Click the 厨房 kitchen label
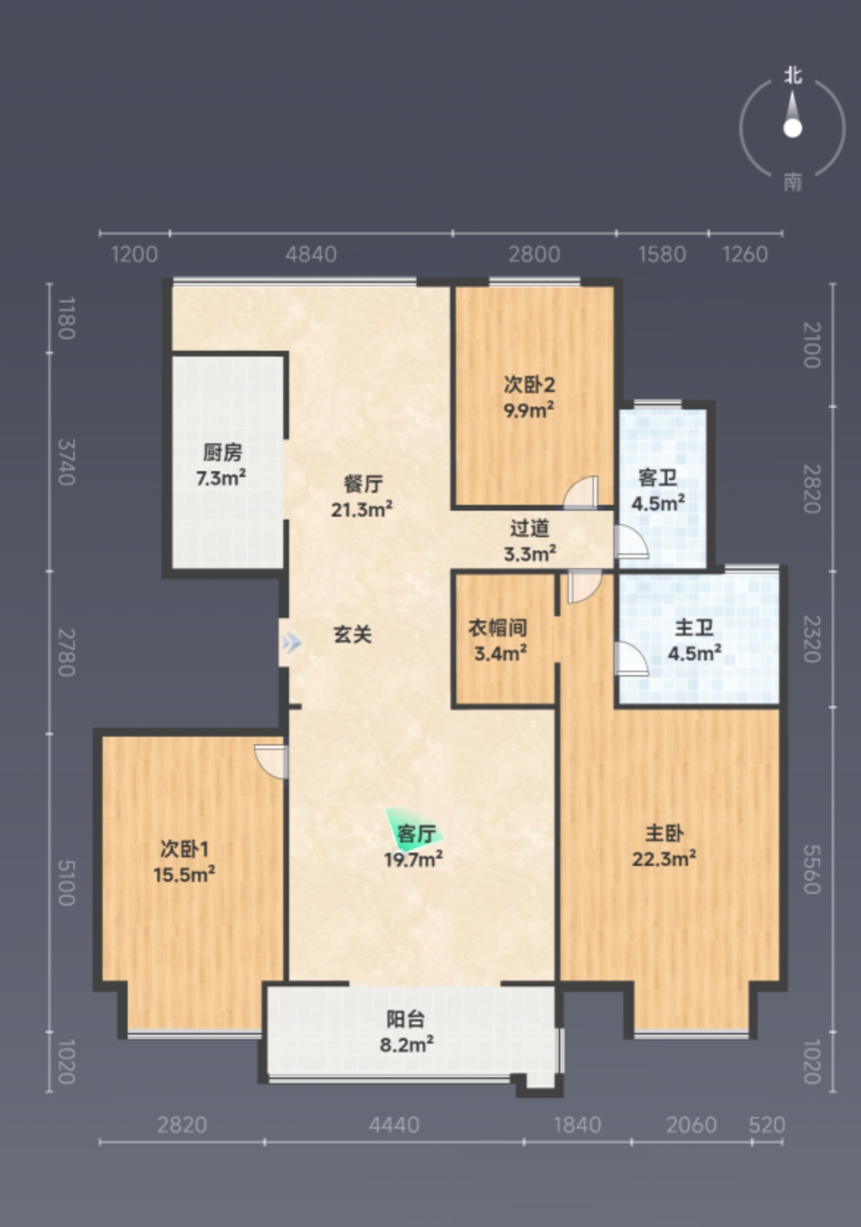coord(222,453)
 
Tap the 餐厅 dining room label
coord(363,484)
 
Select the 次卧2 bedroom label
coord(529,385)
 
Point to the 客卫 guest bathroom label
coord(657,478)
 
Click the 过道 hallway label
coord(530,528)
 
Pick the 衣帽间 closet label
coord(497,627)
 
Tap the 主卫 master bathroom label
coord(694,627)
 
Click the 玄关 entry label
coord(353,635)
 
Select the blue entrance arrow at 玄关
coord(291,643)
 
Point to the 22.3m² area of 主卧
coord(664,858)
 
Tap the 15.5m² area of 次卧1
coord(184,874)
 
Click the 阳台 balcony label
coord(406,1019)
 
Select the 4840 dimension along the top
coord(311,255)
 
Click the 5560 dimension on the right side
coord(812,870)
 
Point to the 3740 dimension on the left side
coord(66,462)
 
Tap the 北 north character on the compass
coord(793,75)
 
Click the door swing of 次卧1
coord(271,762)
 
